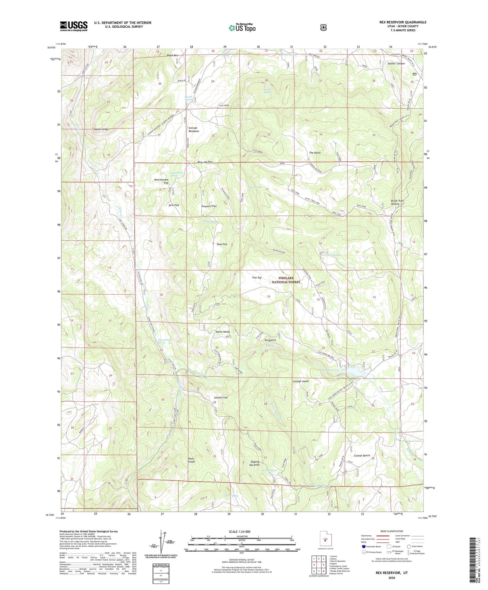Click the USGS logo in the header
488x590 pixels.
(x=74, y=26)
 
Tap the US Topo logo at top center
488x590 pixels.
(x=242, y=28)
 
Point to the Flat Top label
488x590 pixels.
(x=257, y=278)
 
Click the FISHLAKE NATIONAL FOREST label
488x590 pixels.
(x=286, y=280)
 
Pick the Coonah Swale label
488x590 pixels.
(x=301, y=381)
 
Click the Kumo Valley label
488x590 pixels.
(x=223, y=332)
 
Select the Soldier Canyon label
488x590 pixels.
(x=396, y=63)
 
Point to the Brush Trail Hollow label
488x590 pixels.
(x=397, y=202)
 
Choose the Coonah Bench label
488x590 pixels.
(x=362, y=456)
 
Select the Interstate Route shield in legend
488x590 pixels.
(x=364, y=546)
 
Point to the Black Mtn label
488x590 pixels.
(x=172, y=55)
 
